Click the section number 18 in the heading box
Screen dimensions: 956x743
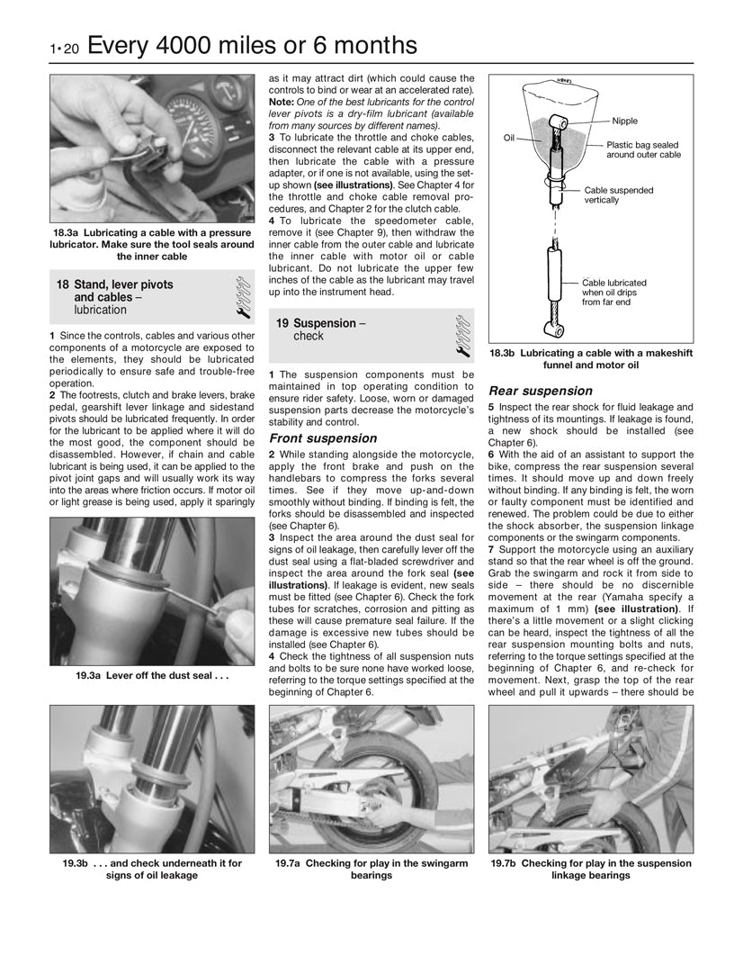[x=62, y=284]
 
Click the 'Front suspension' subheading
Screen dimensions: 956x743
[x=323, y=438]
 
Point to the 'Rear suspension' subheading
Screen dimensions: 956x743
[x=540, y=392]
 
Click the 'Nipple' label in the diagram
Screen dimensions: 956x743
[x=624, y=121]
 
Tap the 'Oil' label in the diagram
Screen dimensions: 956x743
[x=508, y=137]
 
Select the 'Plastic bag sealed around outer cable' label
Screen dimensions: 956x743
[x=642, y=149]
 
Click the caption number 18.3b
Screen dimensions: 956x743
[x=504, y=354]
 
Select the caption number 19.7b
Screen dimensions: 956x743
[x=505, y=863]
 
